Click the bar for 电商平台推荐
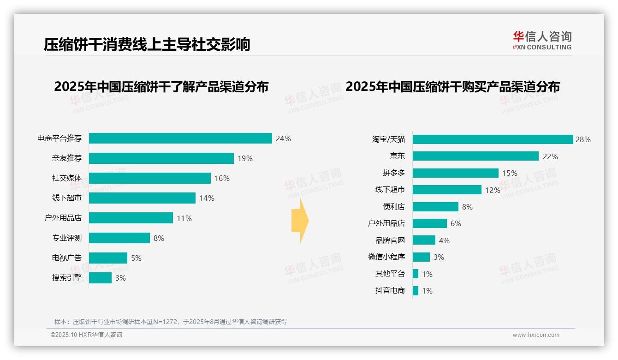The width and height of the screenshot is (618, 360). [180, 138]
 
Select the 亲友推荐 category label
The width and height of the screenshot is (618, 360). [66, 158]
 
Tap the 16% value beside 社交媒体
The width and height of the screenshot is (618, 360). [222, 178]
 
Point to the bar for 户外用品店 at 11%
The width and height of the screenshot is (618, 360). [131, 218]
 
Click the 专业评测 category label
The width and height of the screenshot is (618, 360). [66, 238]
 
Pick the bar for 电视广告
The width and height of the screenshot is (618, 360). [108, 258]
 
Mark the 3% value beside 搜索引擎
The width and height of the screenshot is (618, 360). [120, 278]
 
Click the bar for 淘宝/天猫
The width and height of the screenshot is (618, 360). [493, 139]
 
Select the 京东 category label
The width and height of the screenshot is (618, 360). [397, 156]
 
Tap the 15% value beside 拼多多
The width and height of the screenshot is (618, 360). [510, 173]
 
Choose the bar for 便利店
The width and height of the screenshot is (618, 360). [435, 207]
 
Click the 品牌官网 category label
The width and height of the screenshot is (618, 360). [390, 240]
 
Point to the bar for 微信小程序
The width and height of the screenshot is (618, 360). [421, 257]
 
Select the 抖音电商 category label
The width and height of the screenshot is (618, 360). [390, 291]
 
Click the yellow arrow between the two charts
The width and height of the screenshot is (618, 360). [300, 221]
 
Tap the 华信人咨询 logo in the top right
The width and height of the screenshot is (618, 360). [542, 41]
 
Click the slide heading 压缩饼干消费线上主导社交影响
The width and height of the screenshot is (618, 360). [147, 45]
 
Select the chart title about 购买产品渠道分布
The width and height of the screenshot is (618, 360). [452, 87]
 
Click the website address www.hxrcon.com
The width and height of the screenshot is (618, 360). [535, 335]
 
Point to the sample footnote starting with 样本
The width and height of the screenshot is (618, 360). [171, 322]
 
